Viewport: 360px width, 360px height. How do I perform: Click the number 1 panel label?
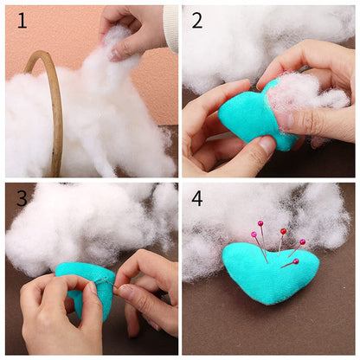(22, 20)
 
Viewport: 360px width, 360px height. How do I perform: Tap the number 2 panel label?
(197, 20)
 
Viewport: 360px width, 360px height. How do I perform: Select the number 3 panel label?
(22, 198)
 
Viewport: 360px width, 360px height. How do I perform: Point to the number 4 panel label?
(197, 198)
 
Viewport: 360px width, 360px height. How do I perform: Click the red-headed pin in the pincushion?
(296, 261)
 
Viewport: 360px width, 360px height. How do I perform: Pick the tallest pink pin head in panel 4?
(260, 224)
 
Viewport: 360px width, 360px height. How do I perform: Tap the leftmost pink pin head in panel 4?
(254, 235)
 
